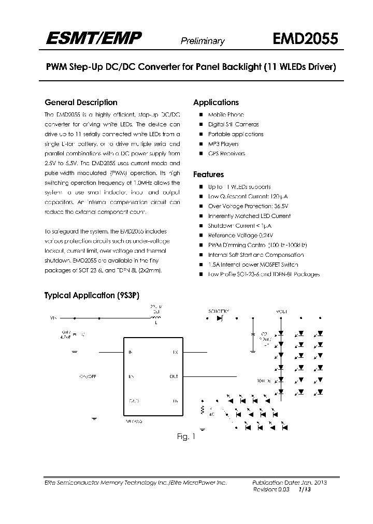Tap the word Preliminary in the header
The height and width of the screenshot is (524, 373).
tap(202, 41)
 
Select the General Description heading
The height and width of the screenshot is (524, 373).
tap(81, 103)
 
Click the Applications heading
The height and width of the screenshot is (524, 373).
tap(216, 103)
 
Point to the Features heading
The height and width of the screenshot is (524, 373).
tap(208, 174)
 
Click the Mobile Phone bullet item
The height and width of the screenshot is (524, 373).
tap(226, 114)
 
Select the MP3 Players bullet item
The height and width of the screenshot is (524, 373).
tap(223, 144)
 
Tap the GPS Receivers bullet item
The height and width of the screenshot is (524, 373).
tap(226, 154)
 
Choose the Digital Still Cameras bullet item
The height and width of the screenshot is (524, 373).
tap(233, 124)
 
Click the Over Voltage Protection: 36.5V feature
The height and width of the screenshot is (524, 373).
tap(242, 206)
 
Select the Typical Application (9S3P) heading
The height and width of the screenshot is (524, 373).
tap(87, 296)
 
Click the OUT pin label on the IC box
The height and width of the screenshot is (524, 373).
tap(174, 376)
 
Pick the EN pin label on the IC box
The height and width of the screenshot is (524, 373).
tap(131, 376)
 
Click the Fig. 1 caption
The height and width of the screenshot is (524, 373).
tap(186, 436)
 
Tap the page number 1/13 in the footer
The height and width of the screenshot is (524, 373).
tap(313, 489)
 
